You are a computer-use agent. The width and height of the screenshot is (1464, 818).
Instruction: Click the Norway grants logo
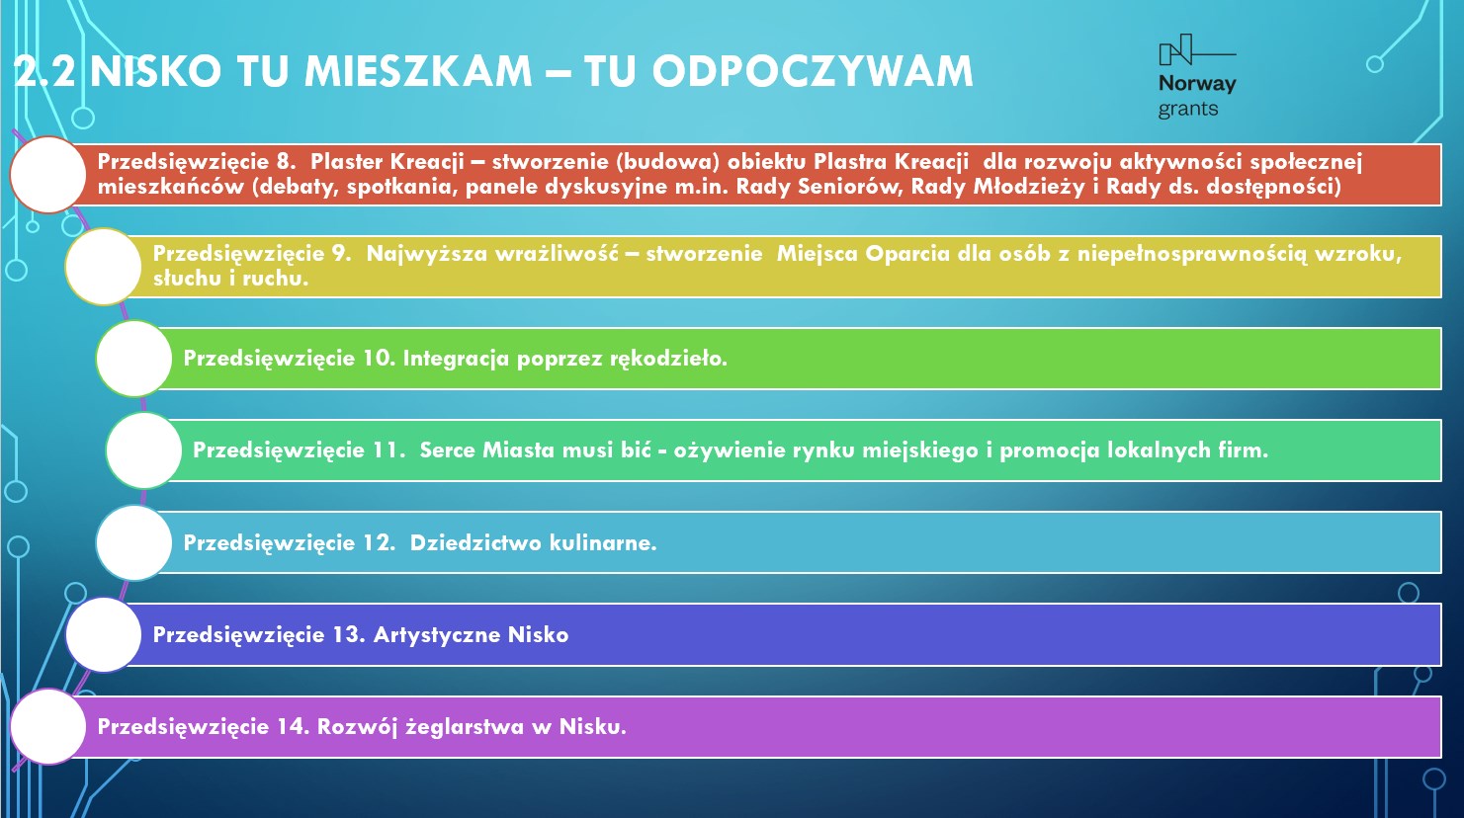pos(1197,76)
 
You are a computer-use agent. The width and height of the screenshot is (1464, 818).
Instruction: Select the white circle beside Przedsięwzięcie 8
pos(47,175)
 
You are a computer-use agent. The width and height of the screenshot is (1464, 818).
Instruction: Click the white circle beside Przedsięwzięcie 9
pos(103,267)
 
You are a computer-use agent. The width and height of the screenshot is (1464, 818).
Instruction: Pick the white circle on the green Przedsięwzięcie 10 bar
pos(134,359)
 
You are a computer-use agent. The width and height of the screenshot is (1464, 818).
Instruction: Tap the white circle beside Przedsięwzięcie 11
pos(143,450)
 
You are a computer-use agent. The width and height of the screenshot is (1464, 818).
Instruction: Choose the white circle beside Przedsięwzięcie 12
pos(134,543)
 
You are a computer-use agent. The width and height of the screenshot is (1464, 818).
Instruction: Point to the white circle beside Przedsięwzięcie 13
pos(103,634)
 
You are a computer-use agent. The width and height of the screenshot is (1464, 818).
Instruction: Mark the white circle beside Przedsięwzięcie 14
pos(47,726)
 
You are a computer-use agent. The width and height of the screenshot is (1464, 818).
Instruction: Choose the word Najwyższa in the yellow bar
pos(427,254)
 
